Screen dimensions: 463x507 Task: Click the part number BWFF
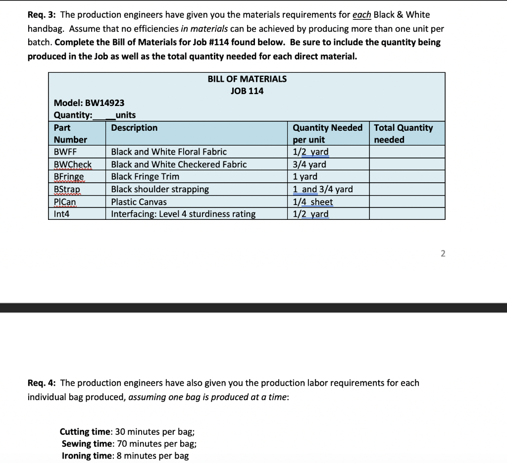65,152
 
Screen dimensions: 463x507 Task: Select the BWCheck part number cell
72,164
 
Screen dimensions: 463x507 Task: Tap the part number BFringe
69,177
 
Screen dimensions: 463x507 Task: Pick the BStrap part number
67,189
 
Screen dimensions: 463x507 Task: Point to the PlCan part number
65,202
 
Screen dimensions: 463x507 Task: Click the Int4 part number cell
62,214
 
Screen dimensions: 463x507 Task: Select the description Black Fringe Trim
145,177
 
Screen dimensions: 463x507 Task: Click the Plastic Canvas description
139,202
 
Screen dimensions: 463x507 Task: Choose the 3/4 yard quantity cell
309,164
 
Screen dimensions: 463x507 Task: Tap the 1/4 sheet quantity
313,202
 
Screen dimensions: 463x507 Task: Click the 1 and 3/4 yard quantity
323,189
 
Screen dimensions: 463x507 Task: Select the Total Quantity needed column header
403,134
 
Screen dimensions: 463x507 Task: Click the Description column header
134,128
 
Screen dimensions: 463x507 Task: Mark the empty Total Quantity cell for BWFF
406,152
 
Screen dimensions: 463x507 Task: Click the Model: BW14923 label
89,103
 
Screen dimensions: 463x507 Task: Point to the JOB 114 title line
247,91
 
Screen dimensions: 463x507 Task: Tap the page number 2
443,254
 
